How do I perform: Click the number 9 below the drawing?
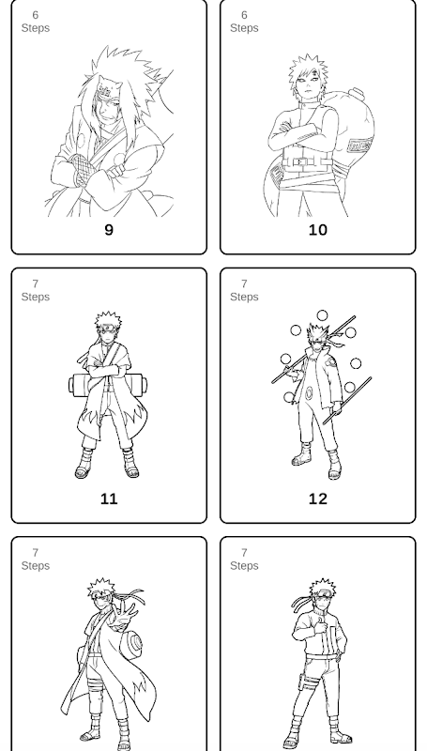(x=109, y=230)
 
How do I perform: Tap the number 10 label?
(x=318, y=230)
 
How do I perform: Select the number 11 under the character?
(x=109, y=499)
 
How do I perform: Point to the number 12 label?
(x=318, y=499)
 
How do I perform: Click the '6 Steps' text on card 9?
(x=36, y=22)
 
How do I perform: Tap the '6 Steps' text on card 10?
(x=244, y=22)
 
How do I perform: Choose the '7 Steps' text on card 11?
(x=36, y=290)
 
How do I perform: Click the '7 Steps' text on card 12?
(x=244, y=290)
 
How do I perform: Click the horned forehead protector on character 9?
(x=106, y=87)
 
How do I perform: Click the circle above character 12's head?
(x=322, y=315)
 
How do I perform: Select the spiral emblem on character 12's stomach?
(x=310, y=393)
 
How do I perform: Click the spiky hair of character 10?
(x=308, y=72)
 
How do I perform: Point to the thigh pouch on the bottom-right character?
(x=303, y=682)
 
